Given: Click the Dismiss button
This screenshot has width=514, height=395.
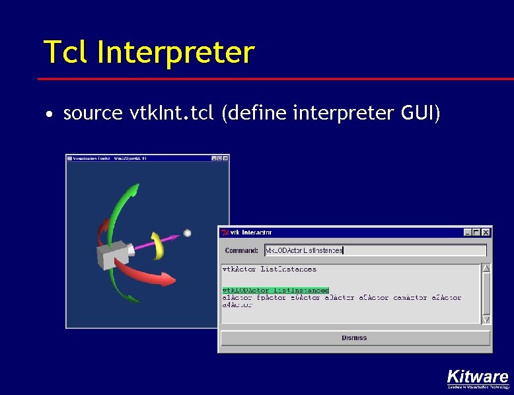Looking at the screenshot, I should click(355, 338).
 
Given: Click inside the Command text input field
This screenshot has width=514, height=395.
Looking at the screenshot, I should click(375, 250).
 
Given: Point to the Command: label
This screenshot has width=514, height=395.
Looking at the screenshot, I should click(241, 251).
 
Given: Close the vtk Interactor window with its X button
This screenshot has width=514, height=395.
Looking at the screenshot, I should click(486, 233).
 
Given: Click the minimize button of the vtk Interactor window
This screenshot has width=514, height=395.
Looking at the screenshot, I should click(468, 233).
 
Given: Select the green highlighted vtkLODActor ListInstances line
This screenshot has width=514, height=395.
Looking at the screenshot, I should click(275, 290).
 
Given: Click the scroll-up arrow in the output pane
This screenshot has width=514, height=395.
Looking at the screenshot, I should click(486, 268).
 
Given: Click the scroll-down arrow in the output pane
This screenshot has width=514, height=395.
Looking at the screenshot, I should click(486, 319).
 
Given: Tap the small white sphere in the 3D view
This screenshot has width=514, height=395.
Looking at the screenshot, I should click(187, 233).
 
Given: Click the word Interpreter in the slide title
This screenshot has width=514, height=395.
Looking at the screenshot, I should click(175, 52).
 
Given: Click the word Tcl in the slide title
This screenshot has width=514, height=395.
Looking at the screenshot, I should click(66, 52).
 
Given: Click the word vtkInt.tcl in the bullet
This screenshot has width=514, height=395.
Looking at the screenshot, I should click(172, 114).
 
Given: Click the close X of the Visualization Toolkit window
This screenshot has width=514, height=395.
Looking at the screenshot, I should click(225, 159).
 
